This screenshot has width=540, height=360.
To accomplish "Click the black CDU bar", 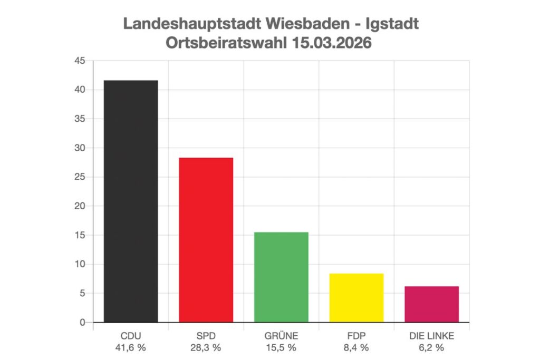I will tap(131, 201).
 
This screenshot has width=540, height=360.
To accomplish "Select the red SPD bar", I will tap(206, 240).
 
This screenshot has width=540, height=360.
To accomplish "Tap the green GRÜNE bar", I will tap(281, 277).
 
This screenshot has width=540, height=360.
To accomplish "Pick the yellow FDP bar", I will tap(356, 297).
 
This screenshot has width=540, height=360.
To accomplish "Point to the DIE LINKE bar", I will tap(431, 304).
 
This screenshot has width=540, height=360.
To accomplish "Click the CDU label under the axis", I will tap(131, 336).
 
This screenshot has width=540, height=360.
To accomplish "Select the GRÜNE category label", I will tap(281, 336).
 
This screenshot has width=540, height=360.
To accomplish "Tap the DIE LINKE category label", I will tap(431, 336).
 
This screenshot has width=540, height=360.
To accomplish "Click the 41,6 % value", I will tap(131, 347).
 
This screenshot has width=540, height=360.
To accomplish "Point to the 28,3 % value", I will tap(206, 347).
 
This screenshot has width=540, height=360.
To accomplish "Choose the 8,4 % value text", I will tap(356, 347).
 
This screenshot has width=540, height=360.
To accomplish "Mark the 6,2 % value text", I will tap(431, 347).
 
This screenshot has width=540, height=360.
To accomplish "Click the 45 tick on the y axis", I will tap(80, 61).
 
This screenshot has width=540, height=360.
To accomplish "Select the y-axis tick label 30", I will tap(80, 148).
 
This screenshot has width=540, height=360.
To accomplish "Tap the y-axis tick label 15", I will tap(80, 235).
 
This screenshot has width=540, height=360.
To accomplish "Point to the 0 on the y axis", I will tap(82, 322).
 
